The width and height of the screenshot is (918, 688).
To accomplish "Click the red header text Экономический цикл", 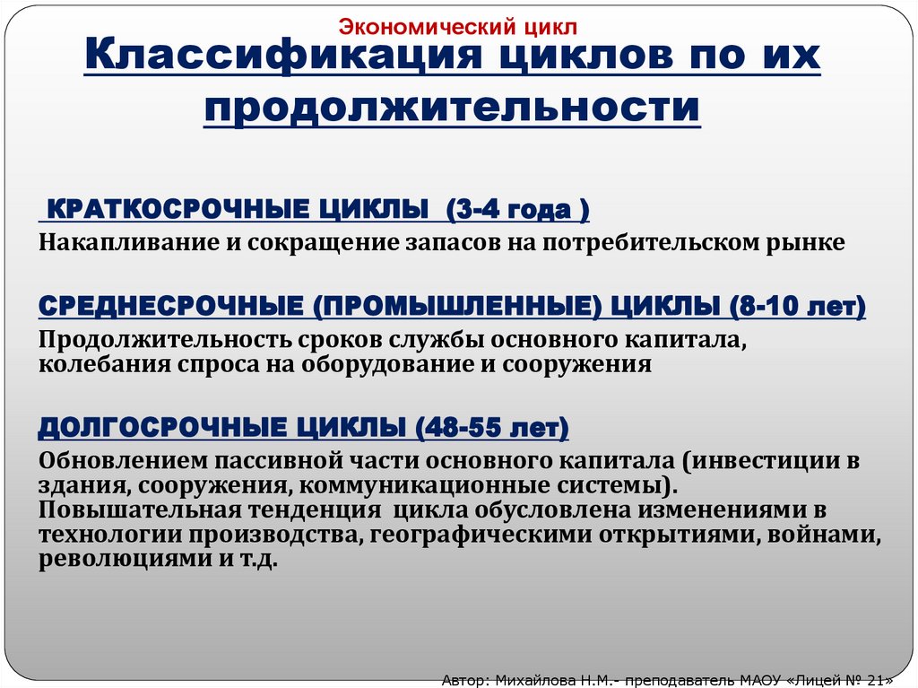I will pyautogui.click(x=457, y=28).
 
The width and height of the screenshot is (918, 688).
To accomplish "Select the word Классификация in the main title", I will pyautogui.click(x=270, y=60).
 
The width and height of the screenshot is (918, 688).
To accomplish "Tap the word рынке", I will pyautogui.click(x=810, y=242).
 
